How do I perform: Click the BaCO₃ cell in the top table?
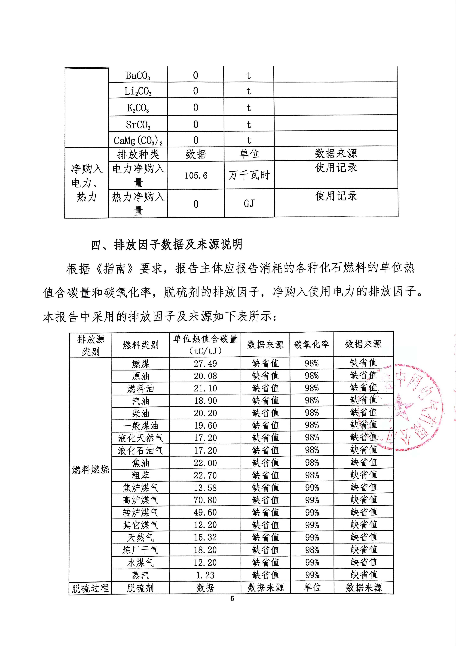[x=138, y=75]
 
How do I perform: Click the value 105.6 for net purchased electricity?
[x=196, y=176]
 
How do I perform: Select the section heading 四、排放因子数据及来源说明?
[x=167, y=245]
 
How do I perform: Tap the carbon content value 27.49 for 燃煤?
[x=205, y=364]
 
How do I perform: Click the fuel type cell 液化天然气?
[x=141, y=438]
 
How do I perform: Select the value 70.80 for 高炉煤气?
[x=205, y=500]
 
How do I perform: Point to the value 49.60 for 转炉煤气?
[x=205, y=512]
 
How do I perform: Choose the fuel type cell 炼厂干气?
[x=141, y=550]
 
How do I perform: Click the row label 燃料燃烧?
[x=90, y=470]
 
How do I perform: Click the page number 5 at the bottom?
[x=233, y=598]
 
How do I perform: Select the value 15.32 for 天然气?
[x=205, y=537]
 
